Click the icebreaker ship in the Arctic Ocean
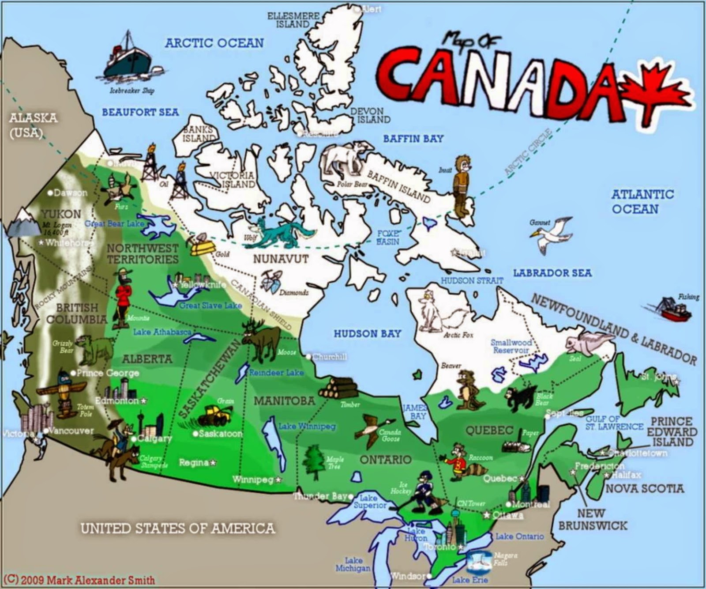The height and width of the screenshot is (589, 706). point(128,62)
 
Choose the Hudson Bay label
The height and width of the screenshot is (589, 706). point(367,334)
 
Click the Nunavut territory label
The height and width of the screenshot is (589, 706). point(281,259)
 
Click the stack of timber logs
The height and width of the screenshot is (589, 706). point(338,389)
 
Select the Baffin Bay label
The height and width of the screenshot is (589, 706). point(413,139)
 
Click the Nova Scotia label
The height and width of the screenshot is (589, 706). point(645,488)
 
